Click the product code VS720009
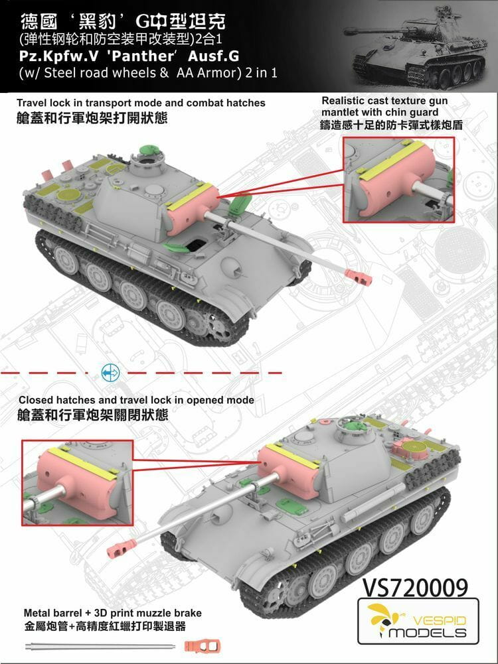[415, 587]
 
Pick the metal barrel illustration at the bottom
[100, 647]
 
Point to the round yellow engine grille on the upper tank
[68, 196]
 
